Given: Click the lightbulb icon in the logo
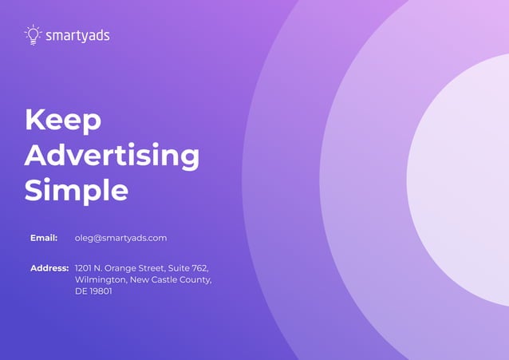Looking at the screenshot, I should pos(33,34).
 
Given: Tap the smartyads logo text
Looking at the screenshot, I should pos(77,35).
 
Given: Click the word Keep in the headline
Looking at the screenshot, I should pos(63,120).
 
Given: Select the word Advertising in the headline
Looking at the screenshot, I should pos(112,156).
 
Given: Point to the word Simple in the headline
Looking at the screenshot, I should pos(76,190).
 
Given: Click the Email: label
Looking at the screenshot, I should pos(44,238).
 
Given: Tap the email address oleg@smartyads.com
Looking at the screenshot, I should pos(120,238).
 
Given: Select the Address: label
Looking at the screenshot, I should pos(49,268).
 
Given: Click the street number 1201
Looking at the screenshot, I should pos(84,268).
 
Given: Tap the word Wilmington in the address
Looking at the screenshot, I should pos(101,280).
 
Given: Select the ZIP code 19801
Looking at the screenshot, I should pos(101,291).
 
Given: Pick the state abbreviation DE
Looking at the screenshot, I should pos(81,291).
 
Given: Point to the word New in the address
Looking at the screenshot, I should pos(140,280).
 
